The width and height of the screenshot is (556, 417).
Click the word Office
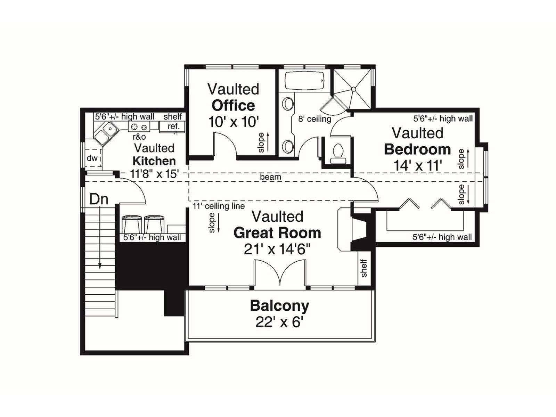point(233,106)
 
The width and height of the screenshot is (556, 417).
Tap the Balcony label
point(280,306)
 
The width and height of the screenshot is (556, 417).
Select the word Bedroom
point(417,149)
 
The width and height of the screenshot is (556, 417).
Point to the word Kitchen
point(154,161)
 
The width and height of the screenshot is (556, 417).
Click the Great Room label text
point(277,233)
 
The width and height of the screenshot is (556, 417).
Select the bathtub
point(304,81)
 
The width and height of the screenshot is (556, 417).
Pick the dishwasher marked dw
point(93,158)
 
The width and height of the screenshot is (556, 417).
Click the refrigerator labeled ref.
point(172,126)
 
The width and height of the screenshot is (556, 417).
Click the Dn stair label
point(99,199)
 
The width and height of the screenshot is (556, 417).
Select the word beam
point(270,177)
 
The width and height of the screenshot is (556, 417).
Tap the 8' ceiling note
point(314,119)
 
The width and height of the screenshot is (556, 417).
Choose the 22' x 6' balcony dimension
point(279,322)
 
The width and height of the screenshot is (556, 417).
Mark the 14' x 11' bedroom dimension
point(417,166)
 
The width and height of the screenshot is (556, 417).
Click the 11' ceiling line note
point(219,206)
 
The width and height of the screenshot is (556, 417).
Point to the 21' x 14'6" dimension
point(277,250)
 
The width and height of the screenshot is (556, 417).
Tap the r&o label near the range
point(139,137)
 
